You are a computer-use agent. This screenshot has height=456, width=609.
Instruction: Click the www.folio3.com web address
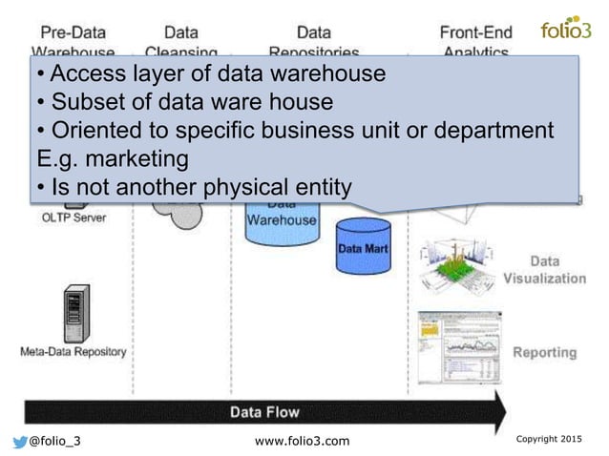click(304, 440)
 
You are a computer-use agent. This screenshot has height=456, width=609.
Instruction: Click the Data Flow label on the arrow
click(263, 412)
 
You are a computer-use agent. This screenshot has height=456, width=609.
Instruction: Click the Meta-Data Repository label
click(73, 351)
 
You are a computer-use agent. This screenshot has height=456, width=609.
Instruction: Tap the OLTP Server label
click(73, 217)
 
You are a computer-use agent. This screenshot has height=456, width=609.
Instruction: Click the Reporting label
click(545, 352)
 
